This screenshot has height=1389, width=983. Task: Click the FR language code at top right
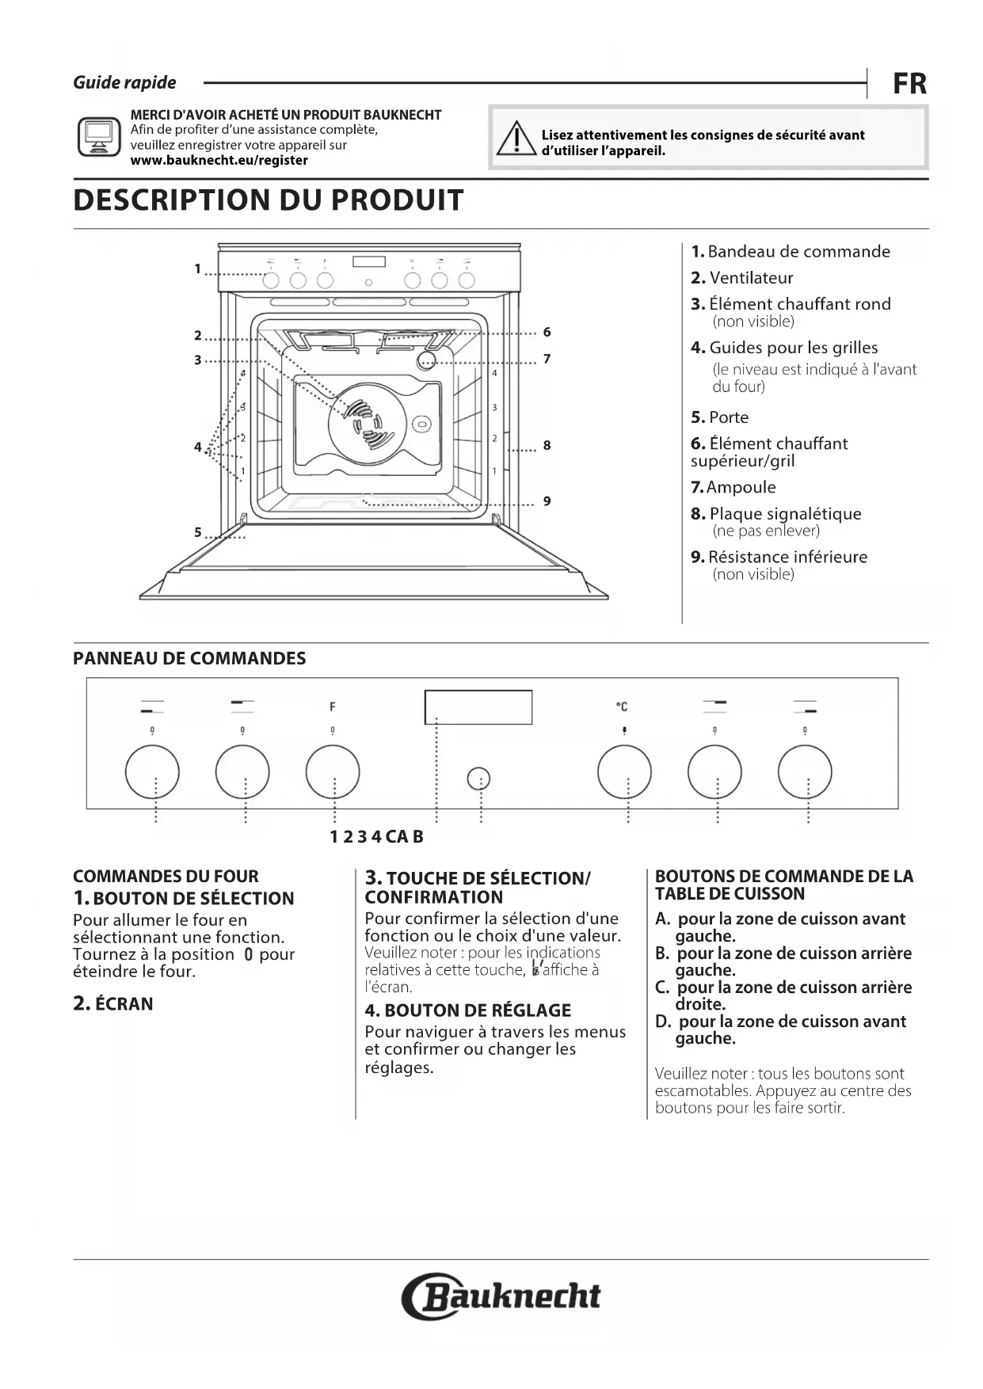click(909, 83)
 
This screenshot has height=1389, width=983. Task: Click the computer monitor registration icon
click(99, 136)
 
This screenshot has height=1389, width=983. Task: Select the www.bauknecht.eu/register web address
click(219, 160)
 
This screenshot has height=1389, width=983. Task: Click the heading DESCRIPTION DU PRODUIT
click(268, 200)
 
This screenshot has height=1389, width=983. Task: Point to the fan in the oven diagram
click(368, 420)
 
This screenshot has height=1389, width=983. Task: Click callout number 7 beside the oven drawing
click(547, 360)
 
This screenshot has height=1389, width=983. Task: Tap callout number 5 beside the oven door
click(198, 532)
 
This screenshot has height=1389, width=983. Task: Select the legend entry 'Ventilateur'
click(750, 278)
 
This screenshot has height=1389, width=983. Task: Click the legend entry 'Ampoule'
click(741, 487)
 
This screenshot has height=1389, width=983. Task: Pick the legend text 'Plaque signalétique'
click(784, 513)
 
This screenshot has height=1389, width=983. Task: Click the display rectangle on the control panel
click(478, 706)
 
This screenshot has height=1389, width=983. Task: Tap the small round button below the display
click(478, 779)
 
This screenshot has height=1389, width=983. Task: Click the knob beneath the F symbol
click(333, 771)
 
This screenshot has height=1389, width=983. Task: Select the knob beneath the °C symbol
click(624, 771)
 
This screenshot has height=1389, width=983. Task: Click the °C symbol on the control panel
click(622, 706)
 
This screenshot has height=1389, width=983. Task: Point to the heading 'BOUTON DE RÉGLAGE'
click(477, 1010)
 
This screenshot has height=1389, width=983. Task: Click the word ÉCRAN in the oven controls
click(124, 1004)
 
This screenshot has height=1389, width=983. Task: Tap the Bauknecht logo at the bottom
click(501, 1296)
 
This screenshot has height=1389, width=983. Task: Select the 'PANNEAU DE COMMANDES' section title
click(189, 659)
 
